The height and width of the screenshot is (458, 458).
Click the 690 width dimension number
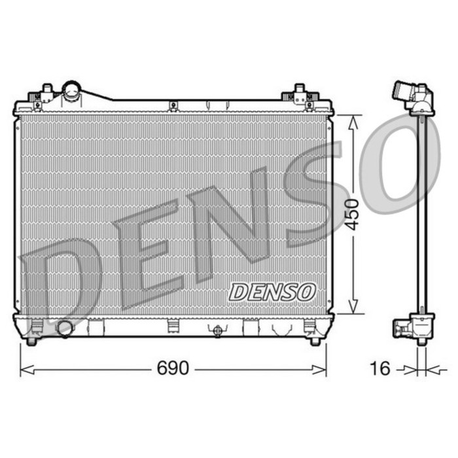[x=173, y=368]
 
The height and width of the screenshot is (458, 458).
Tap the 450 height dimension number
[x=353, y=214]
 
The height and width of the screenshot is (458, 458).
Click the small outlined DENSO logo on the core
[x=272, y=292]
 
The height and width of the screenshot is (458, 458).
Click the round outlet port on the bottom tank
[x=65, y=328]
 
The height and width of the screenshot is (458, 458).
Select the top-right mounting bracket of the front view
[x=300, y=95]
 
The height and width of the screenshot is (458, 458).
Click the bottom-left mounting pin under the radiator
[x=32, y=340]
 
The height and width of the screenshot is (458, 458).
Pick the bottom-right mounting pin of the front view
[x=315, y=340]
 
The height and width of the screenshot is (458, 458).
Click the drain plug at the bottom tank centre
[x=217, y=330]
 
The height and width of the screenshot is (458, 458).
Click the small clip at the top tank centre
[x=173, y=105]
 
